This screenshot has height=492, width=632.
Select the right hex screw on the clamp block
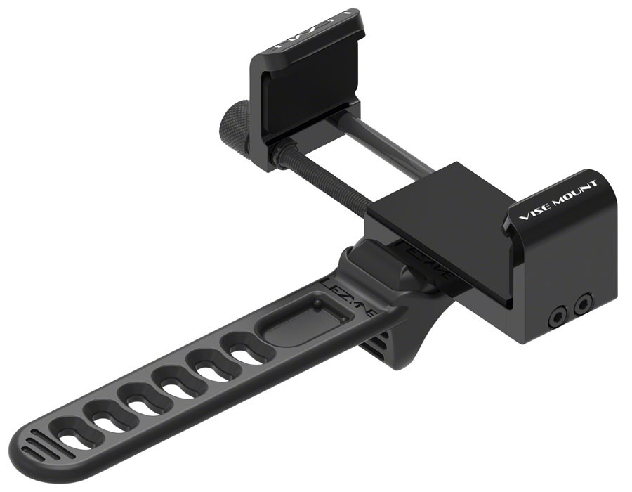pyautogui.click(x=581, y=304)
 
